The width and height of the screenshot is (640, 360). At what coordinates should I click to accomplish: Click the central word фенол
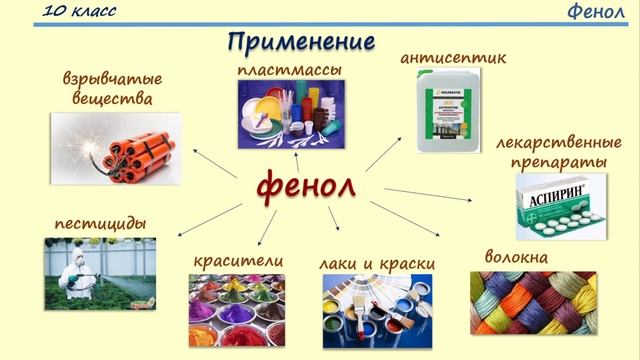pyautogui.click(x=307, y=187)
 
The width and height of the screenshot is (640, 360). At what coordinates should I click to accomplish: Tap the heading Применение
pyautogui.click(x=300, y=43)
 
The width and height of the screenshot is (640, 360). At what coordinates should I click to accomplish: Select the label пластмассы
pyautogui.click(x=290, y=70)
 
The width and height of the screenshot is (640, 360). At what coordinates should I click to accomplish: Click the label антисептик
pyautogui.click(x=452, y=57)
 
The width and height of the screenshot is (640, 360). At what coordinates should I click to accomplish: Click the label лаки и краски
pyautogui.click(x=377, y=263)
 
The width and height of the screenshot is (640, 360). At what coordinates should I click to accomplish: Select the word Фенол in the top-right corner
pyautogui.click(x=596, y=12)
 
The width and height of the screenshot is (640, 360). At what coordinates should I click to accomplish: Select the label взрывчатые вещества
pyautogui.click(x=113, y=89)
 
